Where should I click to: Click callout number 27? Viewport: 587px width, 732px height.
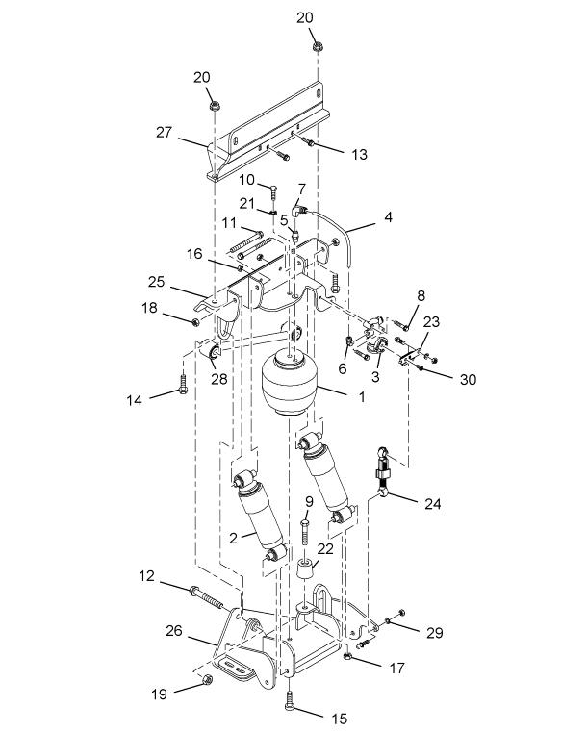[x=164, y=133]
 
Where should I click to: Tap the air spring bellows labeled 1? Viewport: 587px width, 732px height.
[x=290, y=383]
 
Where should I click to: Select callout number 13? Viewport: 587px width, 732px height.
[x=359, y=155]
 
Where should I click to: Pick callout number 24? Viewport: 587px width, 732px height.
[x=432, y=504]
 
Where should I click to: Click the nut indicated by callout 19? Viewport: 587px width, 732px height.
[x=208, y=679]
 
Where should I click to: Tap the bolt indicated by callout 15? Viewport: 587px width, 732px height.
[x=290, y=701]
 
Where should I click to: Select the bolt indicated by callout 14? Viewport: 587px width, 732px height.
[x=184, y=384]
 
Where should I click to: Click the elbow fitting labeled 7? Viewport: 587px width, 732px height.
[x=297, y=210]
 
